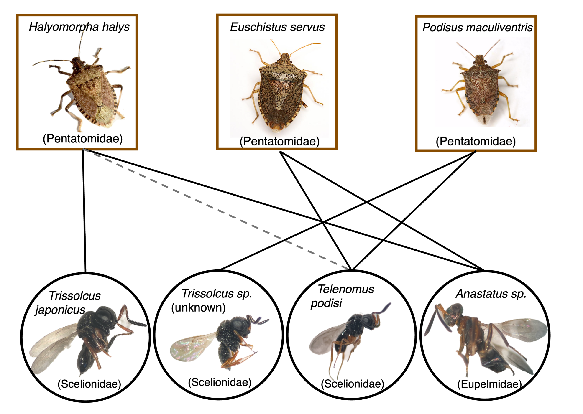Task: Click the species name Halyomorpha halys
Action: coord(79,27)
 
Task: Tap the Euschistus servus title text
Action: coord(277,27)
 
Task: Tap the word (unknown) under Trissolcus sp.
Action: coord(198,307)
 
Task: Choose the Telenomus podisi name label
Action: coord(342,296)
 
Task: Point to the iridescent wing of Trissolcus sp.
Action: coord(189,348)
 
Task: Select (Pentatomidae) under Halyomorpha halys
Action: coord(83,139)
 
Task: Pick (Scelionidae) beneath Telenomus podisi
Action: coord(353,384)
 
